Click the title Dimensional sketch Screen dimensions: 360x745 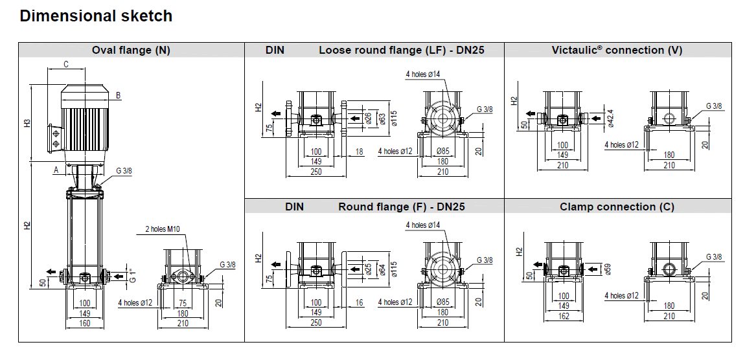(96, 17)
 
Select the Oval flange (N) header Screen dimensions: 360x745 (131, 50)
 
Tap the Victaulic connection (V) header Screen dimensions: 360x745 (617, 50)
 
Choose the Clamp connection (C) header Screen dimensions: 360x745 (617, 207)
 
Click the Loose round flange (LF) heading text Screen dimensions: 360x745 (402, 50)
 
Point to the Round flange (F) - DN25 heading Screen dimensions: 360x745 (402, 207)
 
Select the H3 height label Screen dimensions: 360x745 (27, 123)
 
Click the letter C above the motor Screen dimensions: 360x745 (66, 64)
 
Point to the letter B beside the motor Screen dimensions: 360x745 (118, 95)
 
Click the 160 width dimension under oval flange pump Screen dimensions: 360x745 (84, 324)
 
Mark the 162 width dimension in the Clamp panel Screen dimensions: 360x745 (564, 316)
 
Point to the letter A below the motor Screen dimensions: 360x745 (56, 170)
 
